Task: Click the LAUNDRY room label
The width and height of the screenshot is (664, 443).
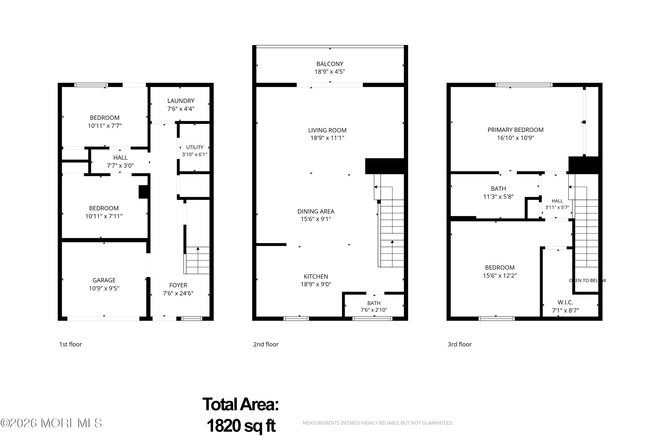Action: point(181,101)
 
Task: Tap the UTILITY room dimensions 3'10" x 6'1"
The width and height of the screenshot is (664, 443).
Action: point(195,155)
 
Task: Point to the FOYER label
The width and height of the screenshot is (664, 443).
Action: point(178,285)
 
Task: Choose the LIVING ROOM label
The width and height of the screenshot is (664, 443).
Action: point(327,130)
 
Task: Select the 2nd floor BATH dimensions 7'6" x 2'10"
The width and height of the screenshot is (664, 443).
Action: point(374,310)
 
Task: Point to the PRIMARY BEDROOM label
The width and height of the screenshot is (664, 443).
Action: point(515,130)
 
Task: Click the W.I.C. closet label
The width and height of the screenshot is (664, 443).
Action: point(565,302)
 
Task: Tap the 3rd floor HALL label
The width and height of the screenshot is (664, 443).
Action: point(557,201)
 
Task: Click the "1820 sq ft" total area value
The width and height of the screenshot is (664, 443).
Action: point(241,426)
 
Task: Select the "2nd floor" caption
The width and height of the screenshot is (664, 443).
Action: point(266,344)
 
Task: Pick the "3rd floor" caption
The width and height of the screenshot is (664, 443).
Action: point(460,344)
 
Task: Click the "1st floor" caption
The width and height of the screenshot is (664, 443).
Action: point(71,344)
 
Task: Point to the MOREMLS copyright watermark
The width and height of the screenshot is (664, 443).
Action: point(51,423)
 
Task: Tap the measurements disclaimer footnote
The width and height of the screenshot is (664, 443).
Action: point(378,423)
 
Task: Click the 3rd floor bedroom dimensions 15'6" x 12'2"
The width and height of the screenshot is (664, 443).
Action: point(500,275)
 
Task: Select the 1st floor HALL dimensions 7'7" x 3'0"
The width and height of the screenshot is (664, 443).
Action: point(120,166)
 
